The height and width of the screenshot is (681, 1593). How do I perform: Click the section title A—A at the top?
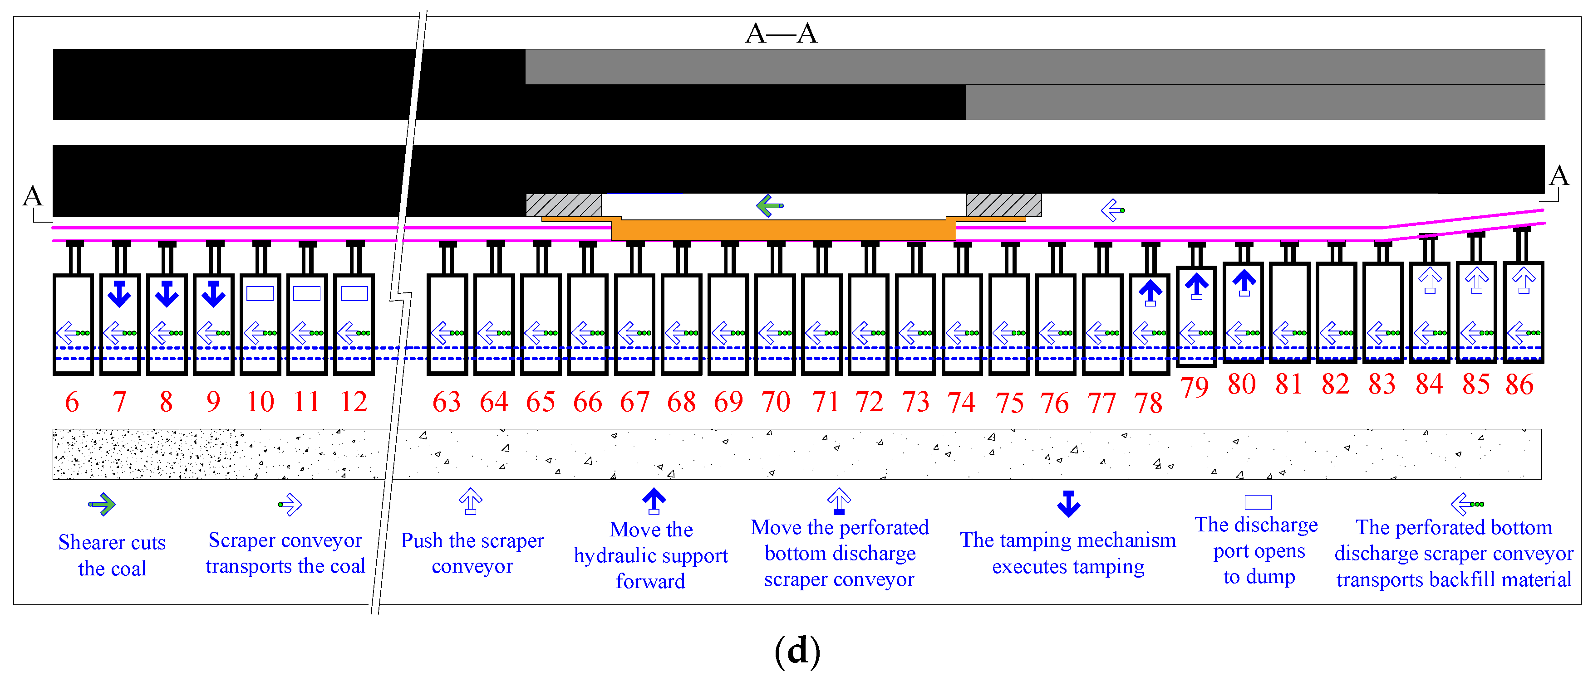[x=781, y=34]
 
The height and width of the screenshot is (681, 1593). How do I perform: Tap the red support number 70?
[x=776, y=402]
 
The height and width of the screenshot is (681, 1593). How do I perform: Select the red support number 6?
[x=72, y=402]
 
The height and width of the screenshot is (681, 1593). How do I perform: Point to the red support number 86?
[x=1519, y=384]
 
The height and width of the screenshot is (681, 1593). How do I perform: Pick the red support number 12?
[x=354, y=402]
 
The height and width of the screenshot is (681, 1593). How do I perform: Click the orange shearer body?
[x=783, y=230]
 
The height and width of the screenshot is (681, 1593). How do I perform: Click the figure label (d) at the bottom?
[x=797, y=651]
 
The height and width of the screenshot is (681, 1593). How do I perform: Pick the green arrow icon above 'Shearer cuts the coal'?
[x=102, y=504]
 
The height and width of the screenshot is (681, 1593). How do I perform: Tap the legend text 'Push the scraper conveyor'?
[x=472, y=553]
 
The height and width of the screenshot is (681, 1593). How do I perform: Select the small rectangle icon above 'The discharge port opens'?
[x=1258, y=502]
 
